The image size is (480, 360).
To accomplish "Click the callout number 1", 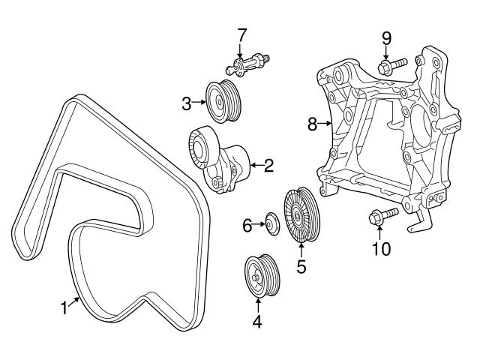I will tap(64, 307).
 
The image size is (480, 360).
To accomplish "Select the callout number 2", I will tap(267, 165).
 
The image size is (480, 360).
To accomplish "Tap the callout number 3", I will tap(187, 104).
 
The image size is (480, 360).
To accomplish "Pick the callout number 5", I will tap(301, 266).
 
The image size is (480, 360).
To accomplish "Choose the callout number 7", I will tap(241, 34).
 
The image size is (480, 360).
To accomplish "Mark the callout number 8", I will tap(313, 124).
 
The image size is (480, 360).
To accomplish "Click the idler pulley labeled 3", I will tap(223, 100).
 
